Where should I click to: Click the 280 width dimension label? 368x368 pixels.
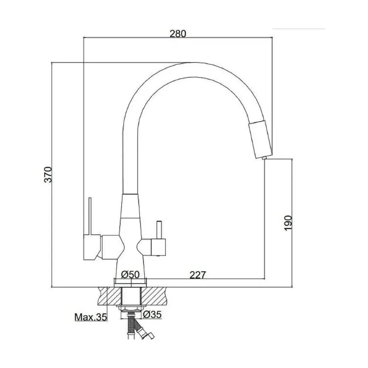click(x=178, y=33)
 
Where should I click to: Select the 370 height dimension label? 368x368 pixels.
click(x=48, y=174)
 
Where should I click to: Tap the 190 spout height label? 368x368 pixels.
click(x=288, y=223)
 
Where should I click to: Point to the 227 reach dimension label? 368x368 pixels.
click(x=198, y=275)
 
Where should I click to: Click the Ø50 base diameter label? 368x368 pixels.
click(x=131, y=275)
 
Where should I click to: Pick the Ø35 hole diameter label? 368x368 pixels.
click(x=152, y=315)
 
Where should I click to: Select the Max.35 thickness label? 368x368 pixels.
click(x=91, y=317)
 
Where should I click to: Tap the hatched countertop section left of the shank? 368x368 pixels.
click(x=110, y=296)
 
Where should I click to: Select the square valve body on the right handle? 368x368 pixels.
click(x=158, y=247)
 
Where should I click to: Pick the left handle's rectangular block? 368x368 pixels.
click(x=92, y=247)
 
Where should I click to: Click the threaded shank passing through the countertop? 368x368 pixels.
click(x=131, y=296)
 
